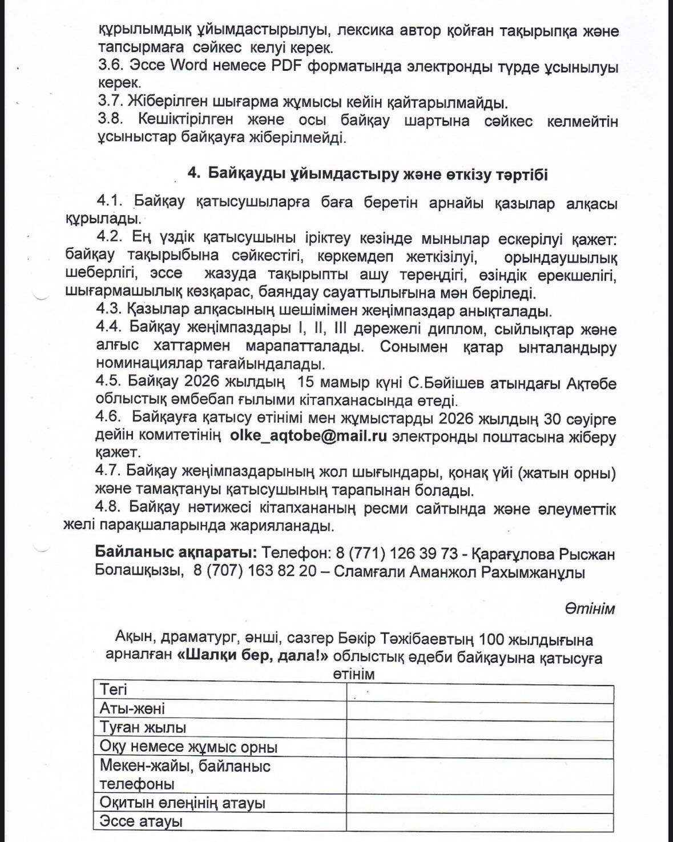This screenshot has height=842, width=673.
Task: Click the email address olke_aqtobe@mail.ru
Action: click(x=308, y=436)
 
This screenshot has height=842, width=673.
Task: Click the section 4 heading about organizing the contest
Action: click(x=368, y=174)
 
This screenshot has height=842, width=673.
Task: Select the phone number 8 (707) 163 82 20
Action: click(x=255, y=571)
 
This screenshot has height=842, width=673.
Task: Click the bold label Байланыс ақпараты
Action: click(x=176, y=553)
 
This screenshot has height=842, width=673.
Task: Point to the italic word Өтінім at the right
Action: click(x=590, y=608)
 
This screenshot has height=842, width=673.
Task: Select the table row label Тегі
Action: click(x=113, y=689)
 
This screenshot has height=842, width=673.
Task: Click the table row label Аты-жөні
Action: click(x=132, y=708)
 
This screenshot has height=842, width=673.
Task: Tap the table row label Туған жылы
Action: click(x=143, y=728)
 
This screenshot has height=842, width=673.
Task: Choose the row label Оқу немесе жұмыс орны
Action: click(x=188, y=747)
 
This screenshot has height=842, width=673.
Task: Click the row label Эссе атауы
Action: click(x=141, y=821)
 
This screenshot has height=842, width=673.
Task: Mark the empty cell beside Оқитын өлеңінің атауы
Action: click(x=479, y=803)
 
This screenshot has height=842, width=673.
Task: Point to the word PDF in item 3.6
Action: click(x=287, y=65)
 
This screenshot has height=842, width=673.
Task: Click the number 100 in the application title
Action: click(x=493, y=639)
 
